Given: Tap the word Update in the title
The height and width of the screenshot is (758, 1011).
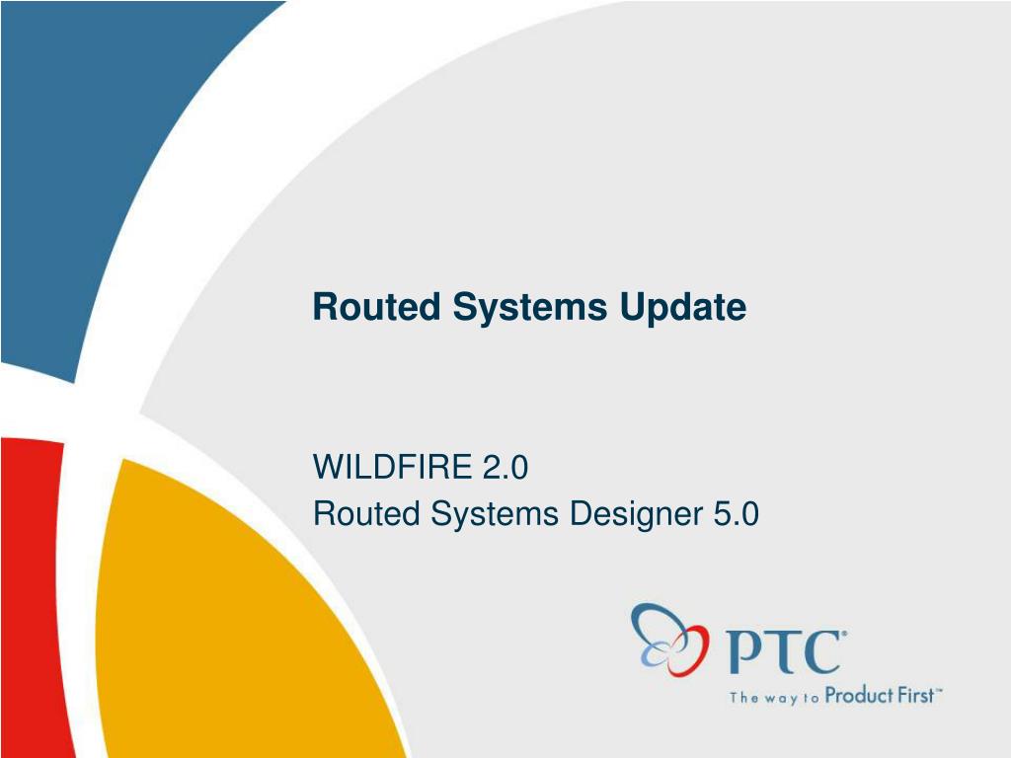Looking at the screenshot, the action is click(x=683, y=308).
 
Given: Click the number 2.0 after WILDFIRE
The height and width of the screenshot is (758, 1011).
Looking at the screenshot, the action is click(x=505, y=466).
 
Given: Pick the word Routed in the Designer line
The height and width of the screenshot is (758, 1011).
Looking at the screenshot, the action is click(x=366, y=513).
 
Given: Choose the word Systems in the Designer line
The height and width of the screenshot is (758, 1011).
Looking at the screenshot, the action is click(x=495, y=515).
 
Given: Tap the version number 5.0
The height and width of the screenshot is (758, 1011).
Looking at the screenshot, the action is click(x=736, y=513).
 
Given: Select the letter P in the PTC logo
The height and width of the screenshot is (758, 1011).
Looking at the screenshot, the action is click(x=744, y=651).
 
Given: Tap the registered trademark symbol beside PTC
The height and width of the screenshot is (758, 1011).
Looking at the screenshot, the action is click(x=844, y=634).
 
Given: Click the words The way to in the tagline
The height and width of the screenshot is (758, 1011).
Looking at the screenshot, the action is click(x=774, y=698).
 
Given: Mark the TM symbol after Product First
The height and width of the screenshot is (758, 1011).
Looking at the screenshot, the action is click(x=939, y=690).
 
